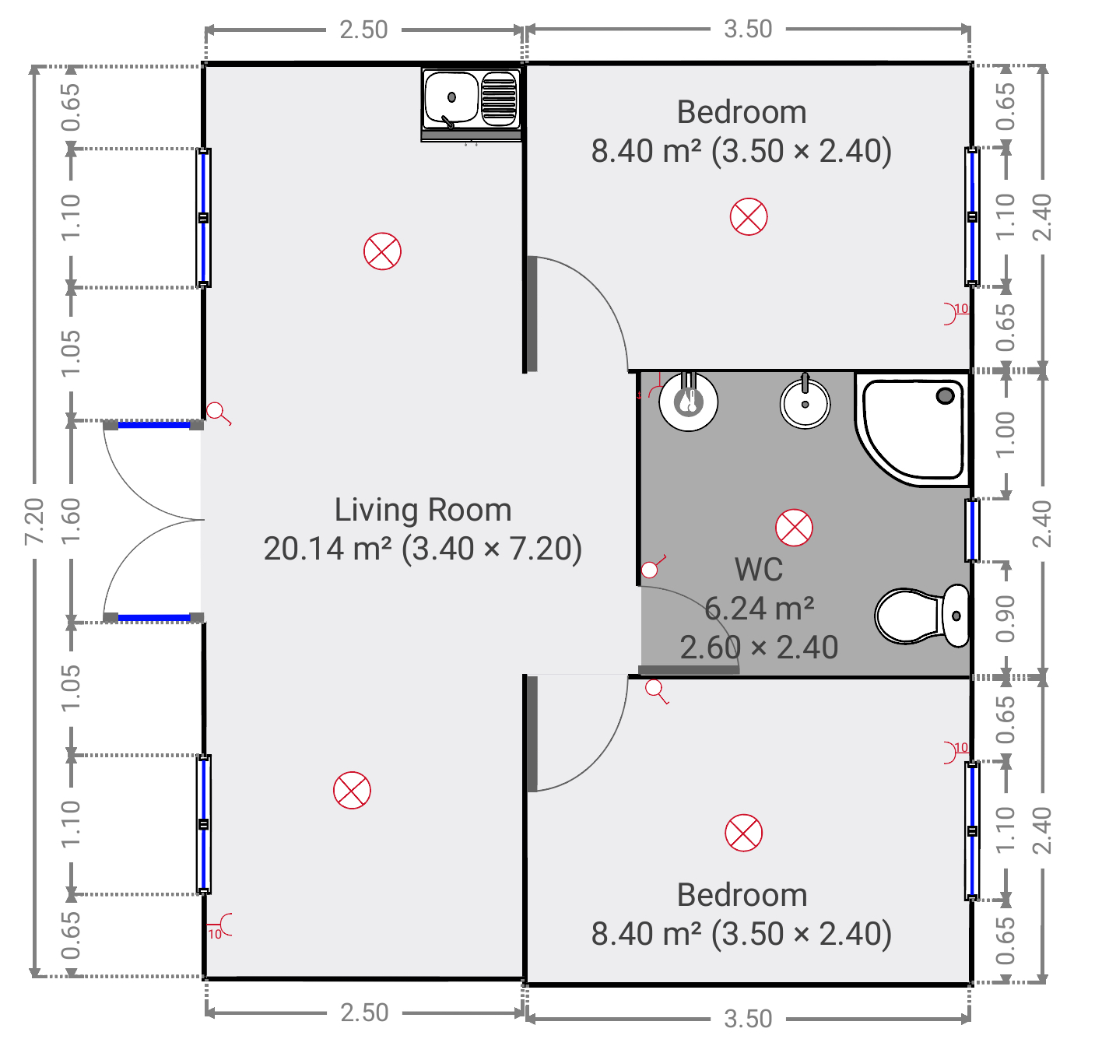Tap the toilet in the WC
(x=922, y=616)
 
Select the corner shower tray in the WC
(x=912, y=429)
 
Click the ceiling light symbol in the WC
(x=794, y=528)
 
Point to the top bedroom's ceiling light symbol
(x=749, y=217)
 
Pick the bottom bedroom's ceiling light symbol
(x=743, y=833)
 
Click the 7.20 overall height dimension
(x=34, y=521)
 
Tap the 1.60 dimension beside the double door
(x=71, y=521)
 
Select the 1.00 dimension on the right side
(x=1005, y=435)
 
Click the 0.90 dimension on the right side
(x=1005, y=619)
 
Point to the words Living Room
(x=423, y=510)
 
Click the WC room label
(x=759, y=569)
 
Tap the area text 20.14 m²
(x=328, y=549)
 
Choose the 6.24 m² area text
(x=759, y=609)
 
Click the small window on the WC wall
(x=972, y=531)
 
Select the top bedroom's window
(x=972, y=217)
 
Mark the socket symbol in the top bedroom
(x=955, y=313)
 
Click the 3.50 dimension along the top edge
(x=748, y=30)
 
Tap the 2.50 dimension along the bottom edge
(x=364, y=1013)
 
